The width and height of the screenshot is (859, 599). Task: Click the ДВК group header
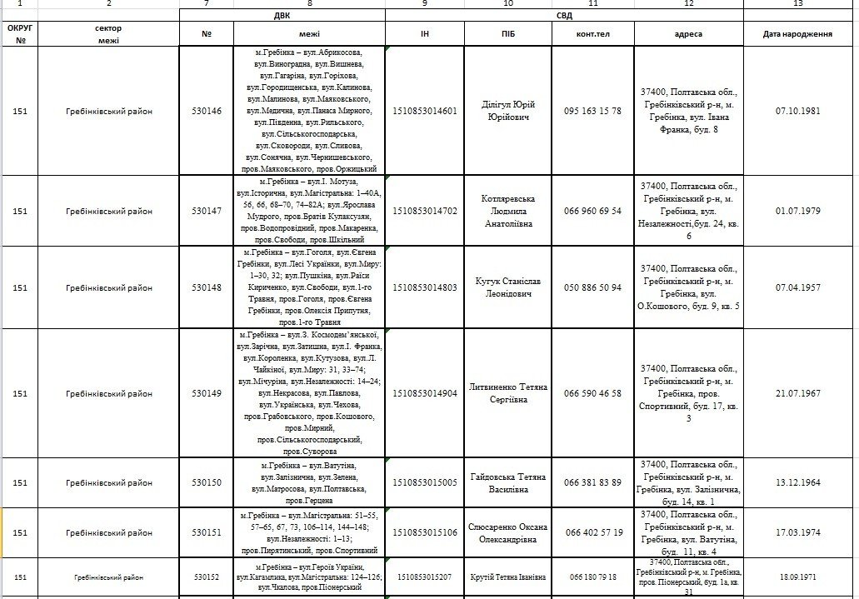(x=282, y=15)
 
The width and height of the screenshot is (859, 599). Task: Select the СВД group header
(x=564, y=15)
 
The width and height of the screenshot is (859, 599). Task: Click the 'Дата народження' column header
(x=797, y=34)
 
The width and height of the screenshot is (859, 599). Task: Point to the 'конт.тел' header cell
(x=592, y=34)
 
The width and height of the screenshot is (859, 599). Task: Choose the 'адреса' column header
(x=687, y=34)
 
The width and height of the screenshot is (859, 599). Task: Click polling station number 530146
(x=207, y=111)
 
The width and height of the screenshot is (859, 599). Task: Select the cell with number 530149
(x=207, y=393)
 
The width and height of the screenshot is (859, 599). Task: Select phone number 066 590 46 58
(x=592, y=393)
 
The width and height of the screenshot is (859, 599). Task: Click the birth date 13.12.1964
(x=797, y=482)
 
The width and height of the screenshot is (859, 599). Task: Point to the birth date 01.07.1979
(x=797, y=211)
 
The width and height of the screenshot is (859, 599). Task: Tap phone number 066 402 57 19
(x=592, y=532)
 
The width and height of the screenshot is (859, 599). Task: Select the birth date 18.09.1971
(x=797, y=577)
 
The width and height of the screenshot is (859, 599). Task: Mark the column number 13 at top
(x=797, y=4)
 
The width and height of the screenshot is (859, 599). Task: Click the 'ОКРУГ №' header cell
(x=20, y=34)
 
